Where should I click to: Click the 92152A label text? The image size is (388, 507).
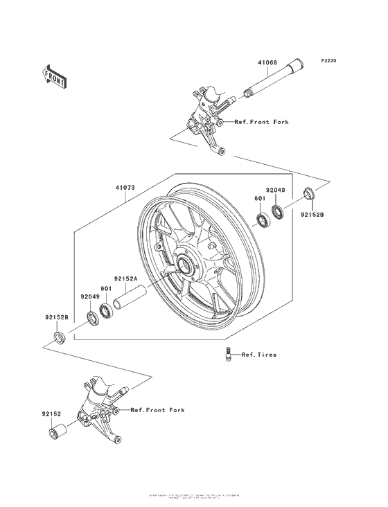(125, 278)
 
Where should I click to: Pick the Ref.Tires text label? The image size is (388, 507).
(258, 355)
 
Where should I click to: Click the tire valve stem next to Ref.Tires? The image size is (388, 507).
(227, 354)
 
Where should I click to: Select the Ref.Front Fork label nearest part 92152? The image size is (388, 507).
(158, 410)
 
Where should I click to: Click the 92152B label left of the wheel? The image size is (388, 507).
(55, 317)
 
